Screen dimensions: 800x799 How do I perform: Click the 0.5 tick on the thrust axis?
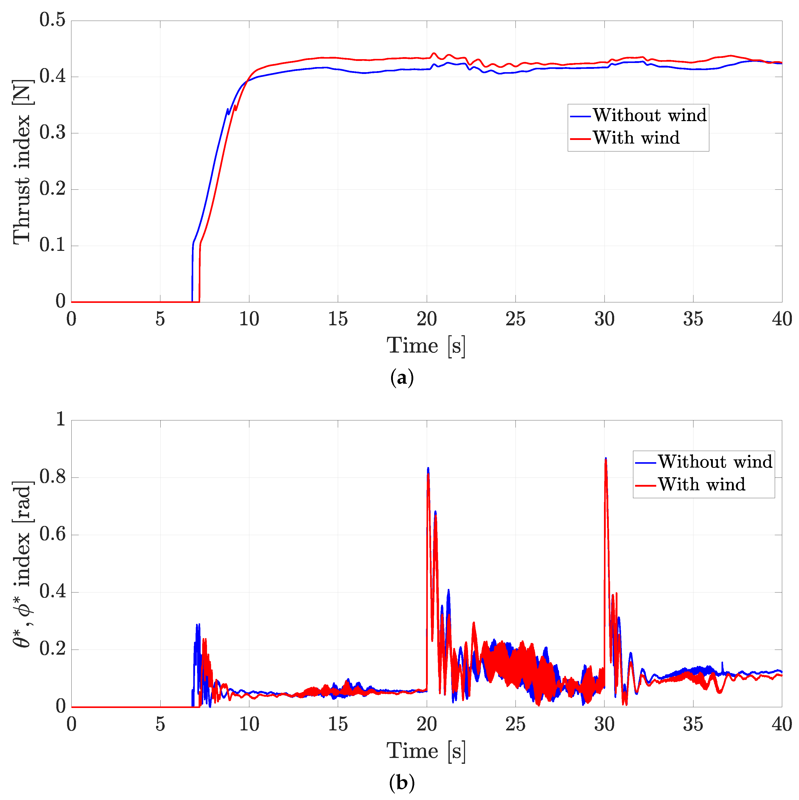pyautogui.click(x=52, y=20)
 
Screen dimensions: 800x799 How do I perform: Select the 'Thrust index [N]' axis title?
pyautogui.click(x=21, y=161)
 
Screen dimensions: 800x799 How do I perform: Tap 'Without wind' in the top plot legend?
pyautogui.click(x=649, y=115)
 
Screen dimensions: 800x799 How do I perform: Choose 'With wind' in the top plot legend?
pyautogui.click(x=636, y=138)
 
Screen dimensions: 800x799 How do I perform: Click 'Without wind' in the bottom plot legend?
pyautogui.click(x=715, y=462)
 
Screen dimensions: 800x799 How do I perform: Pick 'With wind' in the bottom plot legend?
pyautogui.click(x=702, y=484)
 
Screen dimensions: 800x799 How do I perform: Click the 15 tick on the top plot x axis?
pyautogui.click(x=338, y=319)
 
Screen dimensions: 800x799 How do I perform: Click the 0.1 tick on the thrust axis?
pyautogui.click(x=52, y=245)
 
